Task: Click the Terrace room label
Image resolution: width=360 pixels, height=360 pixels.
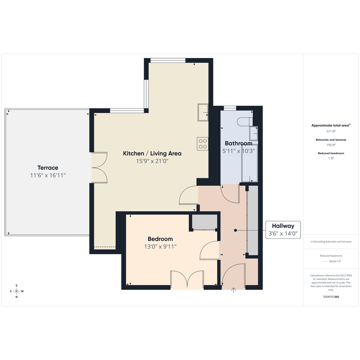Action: point(48,168)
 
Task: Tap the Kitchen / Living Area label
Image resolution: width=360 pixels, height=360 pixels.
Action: point(152,154)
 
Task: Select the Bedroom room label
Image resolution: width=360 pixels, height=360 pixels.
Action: point(160,239)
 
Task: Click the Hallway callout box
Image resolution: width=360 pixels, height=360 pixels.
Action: point(283,230)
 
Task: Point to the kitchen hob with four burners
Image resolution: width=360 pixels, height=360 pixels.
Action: point(203,144)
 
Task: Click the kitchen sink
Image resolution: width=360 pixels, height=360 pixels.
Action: point(203,112)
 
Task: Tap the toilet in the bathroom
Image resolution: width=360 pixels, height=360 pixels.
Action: point(245,122)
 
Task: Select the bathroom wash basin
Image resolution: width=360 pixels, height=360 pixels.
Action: point(254,133)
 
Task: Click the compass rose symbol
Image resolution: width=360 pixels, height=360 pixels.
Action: point(16,291)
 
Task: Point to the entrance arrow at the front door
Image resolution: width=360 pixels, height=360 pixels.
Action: point(234,290)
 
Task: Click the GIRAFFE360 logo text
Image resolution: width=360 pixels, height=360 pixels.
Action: point(331,297)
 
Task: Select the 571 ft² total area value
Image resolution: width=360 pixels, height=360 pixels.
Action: point(331,131)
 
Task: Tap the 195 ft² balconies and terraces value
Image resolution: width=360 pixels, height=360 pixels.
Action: point(331,145)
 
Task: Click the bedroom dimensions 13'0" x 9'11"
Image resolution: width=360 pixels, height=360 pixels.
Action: point(160,246)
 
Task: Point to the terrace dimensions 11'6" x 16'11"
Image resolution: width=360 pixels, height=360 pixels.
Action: point(48,175)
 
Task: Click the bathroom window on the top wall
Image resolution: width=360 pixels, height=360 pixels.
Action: point(230,108)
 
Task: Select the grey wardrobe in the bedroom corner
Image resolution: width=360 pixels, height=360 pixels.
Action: point(205,222)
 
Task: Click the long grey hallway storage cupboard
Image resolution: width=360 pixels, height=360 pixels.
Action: point(253,220)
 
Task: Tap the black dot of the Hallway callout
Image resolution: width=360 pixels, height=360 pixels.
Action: point(235,230)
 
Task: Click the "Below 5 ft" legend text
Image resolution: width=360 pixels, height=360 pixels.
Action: point(335,261)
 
